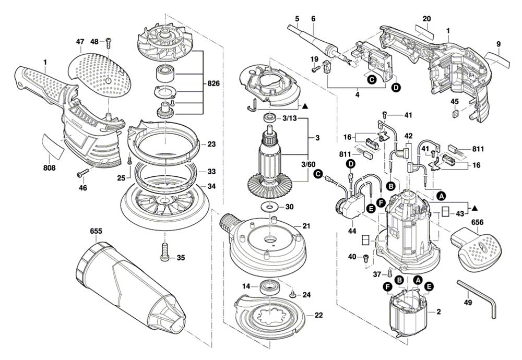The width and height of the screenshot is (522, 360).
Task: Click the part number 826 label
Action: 213,83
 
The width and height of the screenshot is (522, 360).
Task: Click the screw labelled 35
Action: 165,252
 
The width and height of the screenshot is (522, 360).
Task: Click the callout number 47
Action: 80,42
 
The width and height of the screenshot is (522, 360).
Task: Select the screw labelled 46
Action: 83,173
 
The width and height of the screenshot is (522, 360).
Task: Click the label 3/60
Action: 308,164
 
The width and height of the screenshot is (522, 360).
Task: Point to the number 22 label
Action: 318,315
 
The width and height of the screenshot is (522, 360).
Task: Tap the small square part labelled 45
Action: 455,113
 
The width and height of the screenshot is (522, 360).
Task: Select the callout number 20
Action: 426,19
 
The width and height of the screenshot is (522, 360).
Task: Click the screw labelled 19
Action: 315,69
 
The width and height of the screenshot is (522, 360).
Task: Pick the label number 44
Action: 352,231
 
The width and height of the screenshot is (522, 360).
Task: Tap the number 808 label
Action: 49,168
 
